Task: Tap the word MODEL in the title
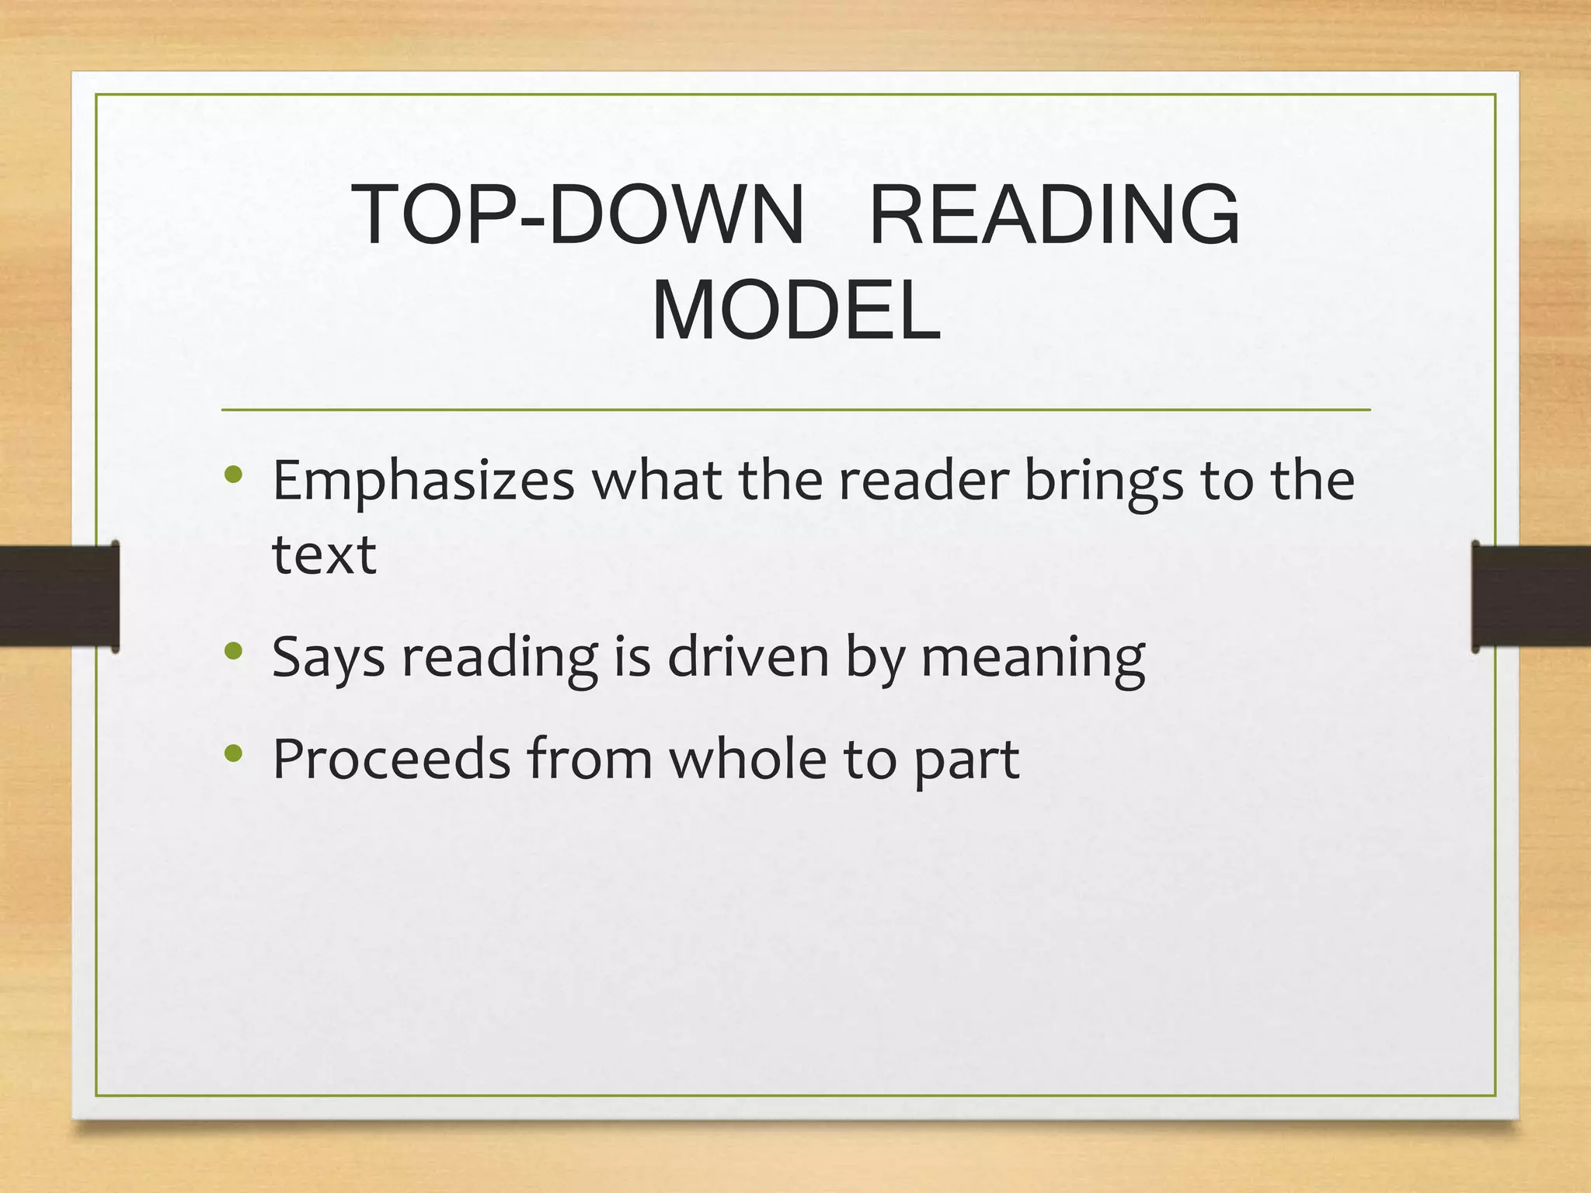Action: coord(796,311)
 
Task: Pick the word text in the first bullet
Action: coord(324,555)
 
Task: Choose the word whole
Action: coord(748,759)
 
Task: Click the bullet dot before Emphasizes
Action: coord(234,475)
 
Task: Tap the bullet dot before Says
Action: coord(234,651)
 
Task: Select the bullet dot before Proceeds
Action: coord(234,753)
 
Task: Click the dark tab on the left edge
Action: coord(59,596)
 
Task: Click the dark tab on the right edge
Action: coord(1531,596)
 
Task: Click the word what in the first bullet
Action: coord(656,482)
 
